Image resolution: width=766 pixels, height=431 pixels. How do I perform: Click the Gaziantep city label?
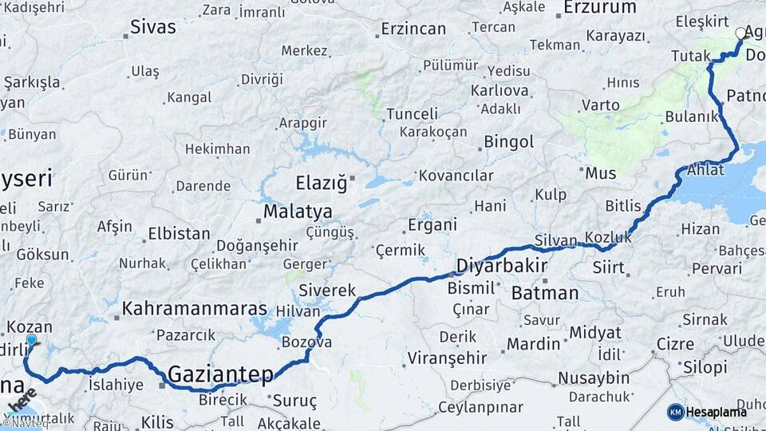221,374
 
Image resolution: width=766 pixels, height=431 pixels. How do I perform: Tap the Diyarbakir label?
501,266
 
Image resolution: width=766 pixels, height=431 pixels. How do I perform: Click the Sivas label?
154,27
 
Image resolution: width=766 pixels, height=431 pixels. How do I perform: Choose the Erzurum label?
600,8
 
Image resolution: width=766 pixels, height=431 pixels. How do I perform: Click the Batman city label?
545,293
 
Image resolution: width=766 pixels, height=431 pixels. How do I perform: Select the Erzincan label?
413,29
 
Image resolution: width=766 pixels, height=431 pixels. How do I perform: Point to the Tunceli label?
412,113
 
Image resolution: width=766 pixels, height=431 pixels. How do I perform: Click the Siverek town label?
327,291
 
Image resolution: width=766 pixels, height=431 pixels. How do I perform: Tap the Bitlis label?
623,206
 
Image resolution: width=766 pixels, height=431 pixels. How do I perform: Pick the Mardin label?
534,344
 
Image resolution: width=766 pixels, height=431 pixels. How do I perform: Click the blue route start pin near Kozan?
31,341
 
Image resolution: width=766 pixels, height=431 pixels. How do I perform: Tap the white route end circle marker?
741,34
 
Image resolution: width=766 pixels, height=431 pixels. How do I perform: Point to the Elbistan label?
179,235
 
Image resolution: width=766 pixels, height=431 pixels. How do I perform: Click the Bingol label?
509,142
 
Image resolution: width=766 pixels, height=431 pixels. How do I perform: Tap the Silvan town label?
555,240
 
